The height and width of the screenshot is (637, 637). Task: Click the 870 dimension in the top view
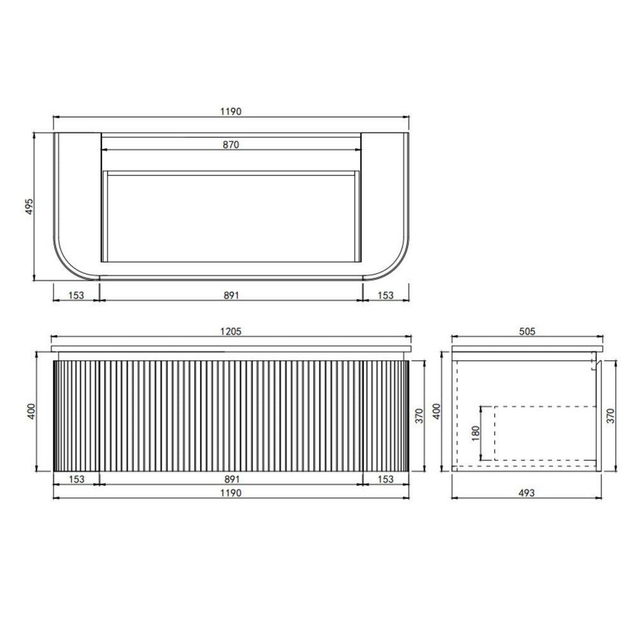coord(231,145)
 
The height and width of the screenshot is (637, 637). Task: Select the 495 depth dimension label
coord(29,206)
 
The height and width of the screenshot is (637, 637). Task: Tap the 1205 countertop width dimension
coord(231,331)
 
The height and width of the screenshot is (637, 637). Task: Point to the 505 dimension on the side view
coord(527,331)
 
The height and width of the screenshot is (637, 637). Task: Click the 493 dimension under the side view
coord(527,493)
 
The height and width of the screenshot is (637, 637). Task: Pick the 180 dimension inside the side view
coord(476,433)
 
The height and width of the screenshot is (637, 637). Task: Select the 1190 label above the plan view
coord(231,111)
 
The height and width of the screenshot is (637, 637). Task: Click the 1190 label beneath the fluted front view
coord(231,493)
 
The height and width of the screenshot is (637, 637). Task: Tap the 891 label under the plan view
coord(231,296)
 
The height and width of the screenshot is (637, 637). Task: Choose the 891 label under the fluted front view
coord(232,480)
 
